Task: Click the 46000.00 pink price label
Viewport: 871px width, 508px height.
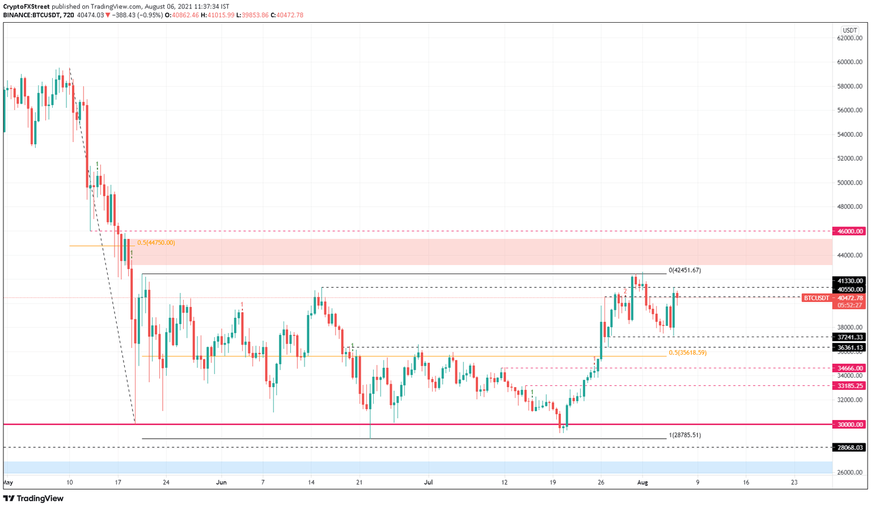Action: point(849,232)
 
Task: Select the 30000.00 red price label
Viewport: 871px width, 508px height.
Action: point(849,425)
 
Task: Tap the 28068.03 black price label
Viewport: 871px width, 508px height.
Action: point(849,448)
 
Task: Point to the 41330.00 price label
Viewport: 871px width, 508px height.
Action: point(849,281)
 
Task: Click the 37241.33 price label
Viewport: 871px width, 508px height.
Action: point(849,337)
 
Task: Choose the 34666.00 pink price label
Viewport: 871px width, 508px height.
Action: point(849,368)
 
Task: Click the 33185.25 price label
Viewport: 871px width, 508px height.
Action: point(849,386)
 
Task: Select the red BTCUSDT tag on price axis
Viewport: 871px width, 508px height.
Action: point(816,298)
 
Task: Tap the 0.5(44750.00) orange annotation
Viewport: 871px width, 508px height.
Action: point(156,243)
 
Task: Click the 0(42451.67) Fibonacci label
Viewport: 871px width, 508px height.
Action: point(684,271)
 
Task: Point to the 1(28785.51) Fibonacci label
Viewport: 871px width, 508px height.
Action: point(684,435)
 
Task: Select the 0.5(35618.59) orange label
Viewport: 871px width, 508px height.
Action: point(687,353)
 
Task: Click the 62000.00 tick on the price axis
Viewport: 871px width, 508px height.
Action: point(850,38)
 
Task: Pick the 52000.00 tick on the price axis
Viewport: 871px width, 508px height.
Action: point(850,158)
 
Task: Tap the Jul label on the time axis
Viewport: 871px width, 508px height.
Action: point(428,482)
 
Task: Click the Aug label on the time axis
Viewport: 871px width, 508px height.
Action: point(642,482)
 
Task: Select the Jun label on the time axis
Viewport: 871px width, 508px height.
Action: point(221,482)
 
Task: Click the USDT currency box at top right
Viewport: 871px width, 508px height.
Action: point(849,30)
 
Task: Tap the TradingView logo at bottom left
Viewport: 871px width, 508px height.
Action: point(33,498)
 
